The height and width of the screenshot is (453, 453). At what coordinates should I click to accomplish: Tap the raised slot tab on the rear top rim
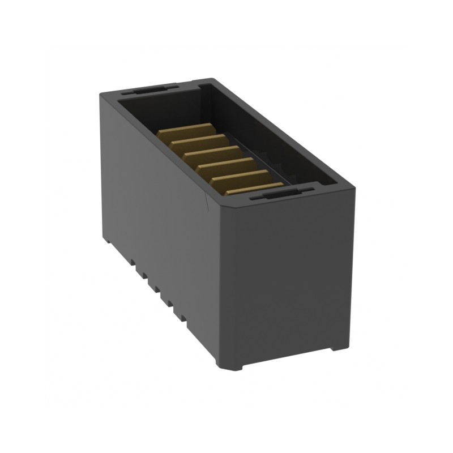tap(150, 89)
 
